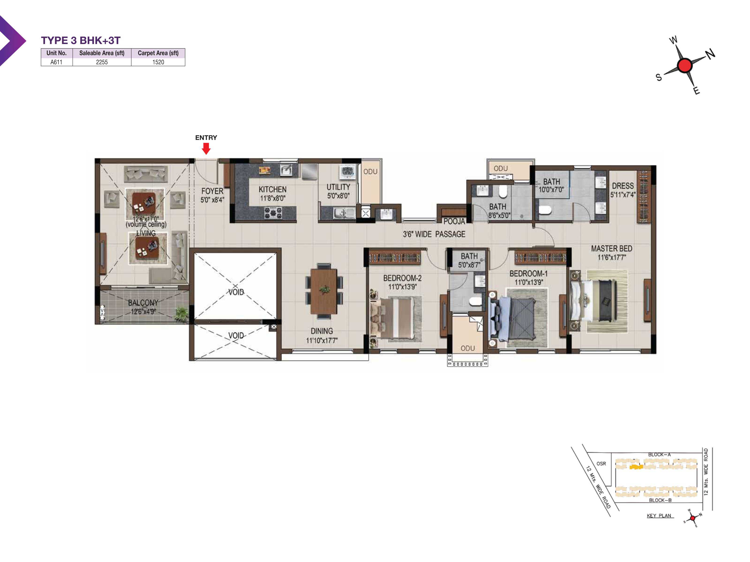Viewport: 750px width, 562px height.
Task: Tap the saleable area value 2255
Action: click(x=102, y=62)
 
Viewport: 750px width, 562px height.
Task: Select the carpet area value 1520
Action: click(x=158, y=62)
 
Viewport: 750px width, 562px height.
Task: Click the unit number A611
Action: click(x=56, y=62)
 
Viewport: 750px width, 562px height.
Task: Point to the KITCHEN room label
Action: click(x=273, y=189)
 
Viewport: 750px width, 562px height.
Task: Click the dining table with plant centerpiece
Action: click(x=324, y=291)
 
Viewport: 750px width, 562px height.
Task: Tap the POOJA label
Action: click(x=454, y=221)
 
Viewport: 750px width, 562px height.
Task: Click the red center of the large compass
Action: click(x=685, y=65)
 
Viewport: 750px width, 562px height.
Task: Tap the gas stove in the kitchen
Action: click(x=273, y=212)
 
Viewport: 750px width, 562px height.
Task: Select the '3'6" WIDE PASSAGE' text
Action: click(x=434, y=234)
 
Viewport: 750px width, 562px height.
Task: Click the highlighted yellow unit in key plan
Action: click(x=636, y=467)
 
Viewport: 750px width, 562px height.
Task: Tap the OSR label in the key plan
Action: click(x=601, y=463)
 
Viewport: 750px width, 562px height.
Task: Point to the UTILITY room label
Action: click(x=338, y=187)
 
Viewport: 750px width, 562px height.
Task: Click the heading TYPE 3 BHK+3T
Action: click(x=81, y=40)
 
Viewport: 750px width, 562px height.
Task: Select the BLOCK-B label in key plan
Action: click(x=660, y=500)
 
